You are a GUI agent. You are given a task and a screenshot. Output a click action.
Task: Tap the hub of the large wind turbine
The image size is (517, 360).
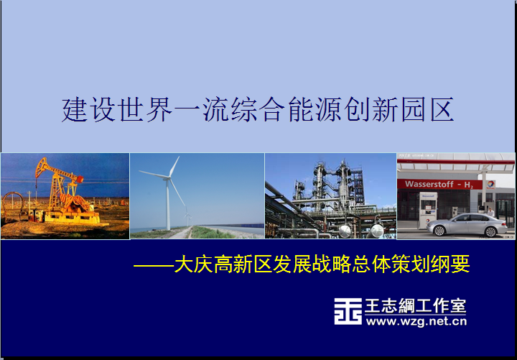[168, 178]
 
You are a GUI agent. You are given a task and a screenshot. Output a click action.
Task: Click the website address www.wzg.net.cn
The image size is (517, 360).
[416, 321]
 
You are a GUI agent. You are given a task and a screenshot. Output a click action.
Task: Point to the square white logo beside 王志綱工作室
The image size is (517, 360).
[348, 311]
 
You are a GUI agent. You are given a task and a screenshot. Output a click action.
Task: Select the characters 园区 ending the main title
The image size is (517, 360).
[428, 109]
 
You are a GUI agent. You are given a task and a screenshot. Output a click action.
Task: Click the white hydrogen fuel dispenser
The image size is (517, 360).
[428, 211]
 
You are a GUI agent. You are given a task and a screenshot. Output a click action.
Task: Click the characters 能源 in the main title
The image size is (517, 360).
[315, 109]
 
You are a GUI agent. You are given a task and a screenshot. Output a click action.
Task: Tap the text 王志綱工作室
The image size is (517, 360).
[415, 306]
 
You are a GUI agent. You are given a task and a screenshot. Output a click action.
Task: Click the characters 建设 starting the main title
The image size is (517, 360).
[89, 109]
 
